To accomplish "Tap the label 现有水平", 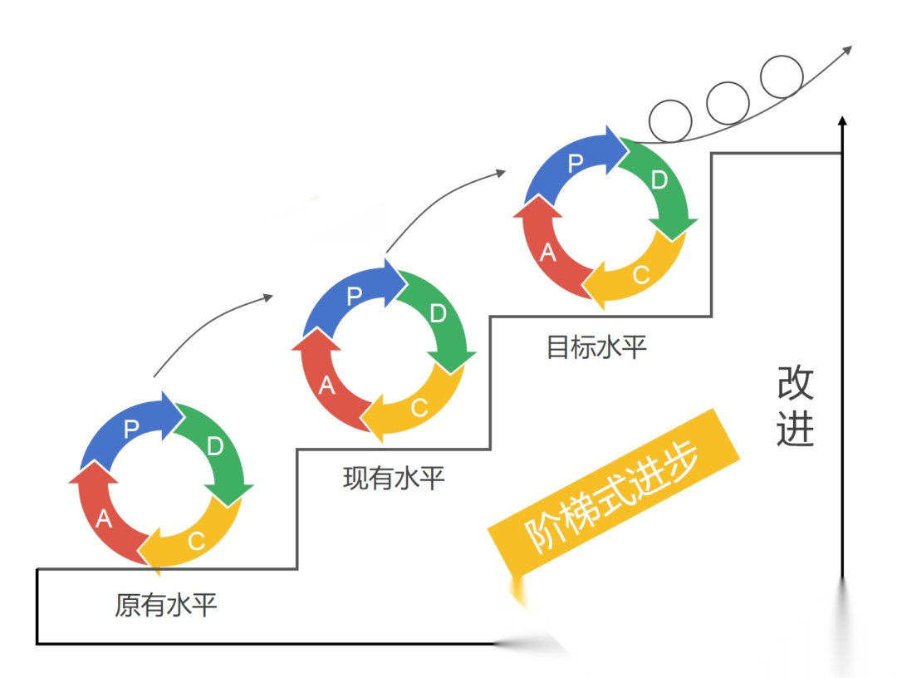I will coord(394,479).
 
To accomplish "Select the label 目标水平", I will coord(596,346).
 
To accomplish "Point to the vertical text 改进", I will coord(795,406).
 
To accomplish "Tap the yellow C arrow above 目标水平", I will coord(640,275).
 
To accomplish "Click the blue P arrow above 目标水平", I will coord(576,163).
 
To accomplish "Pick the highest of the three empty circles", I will coord(782,76).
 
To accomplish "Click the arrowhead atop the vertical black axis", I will coord(842,121).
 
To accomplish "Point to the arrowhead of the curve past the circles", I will coord(846,50).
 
